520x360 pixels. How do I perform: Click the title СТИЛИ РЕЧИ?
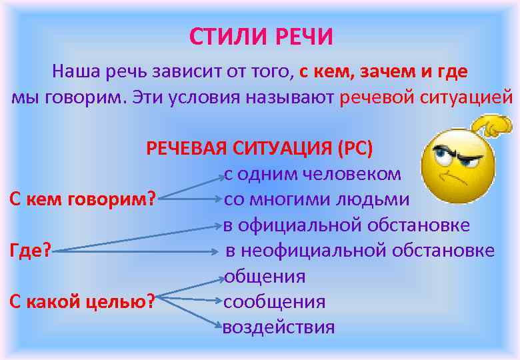pos(261,37)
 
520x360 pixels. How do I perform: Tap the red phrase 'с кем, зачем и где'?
pos(383,71)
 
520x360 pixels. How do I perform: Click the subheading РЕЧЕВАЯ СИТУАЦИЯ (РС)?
pos(260,147)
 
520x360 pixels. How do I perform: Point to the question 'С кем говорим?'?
pos(82,199)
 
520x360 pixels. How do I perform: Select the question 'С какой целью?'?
pos(82,302)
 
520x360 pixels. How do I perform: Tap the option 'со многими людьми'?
pos(317,199)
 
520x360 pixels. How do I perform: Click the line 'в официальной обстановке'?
pos(346,225)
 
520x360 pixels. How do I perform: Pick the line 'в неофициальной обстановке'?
pos(359,251)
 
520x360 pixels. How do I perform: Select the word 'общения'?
pos(265,276)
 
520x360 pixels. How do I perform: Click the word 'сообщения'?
pos(275,302)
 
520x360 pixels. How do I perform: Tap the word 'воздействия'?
pos(279,327)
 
